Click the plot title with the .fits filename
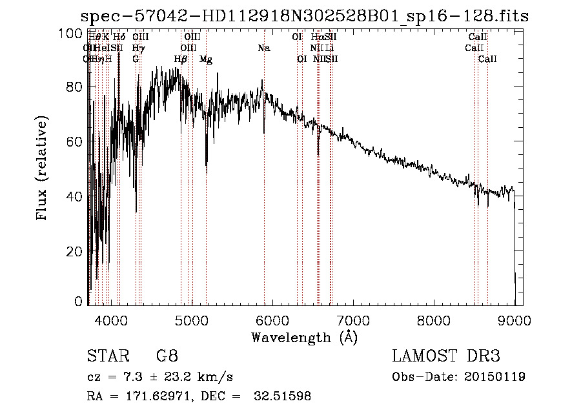coord(304,17)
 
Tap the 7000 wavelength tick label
coord(353,319)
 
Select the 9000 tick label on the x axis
coord(515,319)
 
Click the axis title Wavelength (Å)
coord(304,336)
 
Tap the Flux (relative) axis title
coord(43,169)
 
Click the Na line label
coord(263,48)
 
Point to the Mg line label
coord(206,59)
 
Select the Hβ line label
coord(181,59)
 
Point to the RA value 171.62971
coord(152,396)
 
